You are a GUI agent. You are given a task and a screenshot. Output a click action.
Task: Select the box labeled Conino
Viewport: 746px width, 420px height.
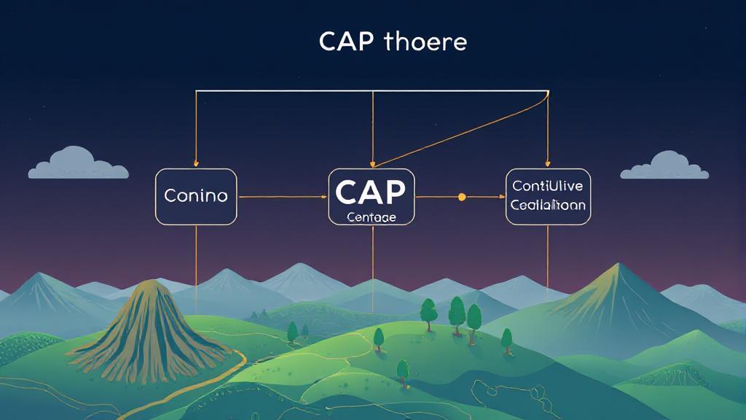point(196,196)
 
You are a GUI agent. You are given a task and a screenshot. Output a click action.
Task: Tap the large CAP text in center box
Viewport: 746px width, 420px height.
point(371,192)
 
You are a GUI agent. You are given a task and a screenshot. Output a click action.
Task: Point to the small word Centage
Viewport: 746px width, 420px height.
point(372,217)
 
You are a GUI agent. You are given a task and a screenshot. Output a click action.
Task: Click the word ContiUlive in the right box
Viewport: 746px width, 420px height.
point(548,186)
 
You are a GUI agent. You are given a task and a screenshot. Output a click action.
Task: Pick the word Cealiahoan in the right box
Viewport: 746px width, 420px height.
point(548,205)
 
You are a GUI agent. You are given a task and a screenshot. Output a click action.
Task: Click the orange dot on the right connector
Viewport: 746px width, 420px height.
point(461,197)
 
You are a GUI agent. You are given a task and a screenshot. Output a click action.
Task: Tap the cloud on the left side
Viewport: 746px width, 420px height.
point(77,165)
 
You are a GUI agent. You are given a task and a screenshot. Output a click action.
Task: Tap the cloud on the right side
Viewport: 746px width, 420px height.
point(664,166)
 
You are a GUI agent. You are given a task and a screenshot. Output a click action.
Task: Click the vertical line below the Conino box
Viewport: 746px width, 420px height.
point(196,255)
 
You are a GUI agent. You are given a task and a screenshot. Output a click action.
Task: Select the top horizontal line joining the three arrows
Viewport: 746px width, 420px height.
point(372,91)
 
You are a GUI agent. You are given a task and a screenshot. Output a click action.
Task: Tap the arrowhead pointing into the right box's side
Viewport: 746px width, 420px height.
point(501,197)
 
